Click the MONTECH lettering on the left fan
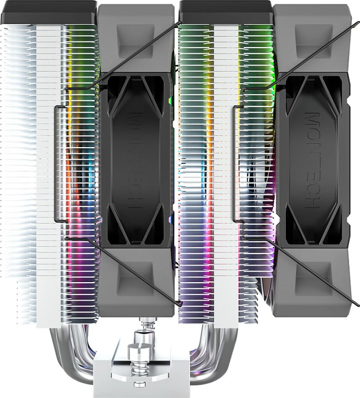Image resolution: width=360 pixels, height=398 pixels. click(x=135, y=160)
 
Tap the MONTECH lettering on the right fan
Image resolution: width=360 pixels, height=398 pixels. click(x=312, y=160)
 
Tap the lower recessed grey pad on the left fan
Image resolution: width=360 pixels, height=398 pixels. click(x=135, y=279)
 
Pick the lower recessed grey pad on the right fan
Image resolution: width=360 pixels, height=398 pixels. click(x=314, y=279)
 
